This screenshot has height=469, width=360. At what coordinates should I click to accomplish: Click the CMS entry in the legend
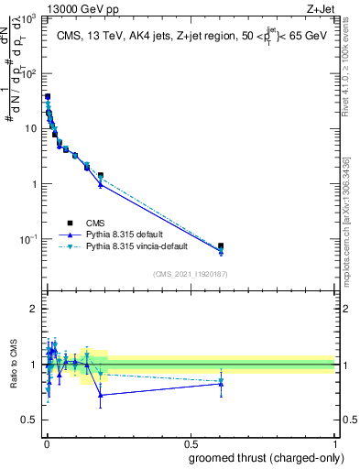click(94, 223)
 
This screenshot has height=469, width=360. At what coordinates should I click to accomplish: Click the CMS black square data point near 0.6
click(221, 245)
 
